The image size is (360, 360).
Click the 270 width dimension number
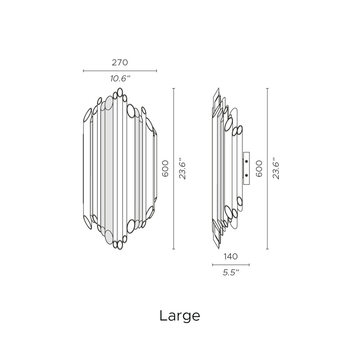120,62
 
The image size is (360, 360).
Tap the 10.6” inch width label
120,79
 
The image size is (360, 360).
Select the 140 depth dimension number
230,256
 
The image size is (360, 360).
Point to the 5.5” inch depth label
231,273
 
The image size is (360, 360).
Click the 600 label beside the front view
165,168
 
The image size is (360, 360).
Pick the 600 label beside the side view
259,168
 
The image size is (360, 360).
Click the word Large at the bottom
180,316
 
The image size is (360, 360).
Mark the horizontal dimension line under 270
120,71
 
